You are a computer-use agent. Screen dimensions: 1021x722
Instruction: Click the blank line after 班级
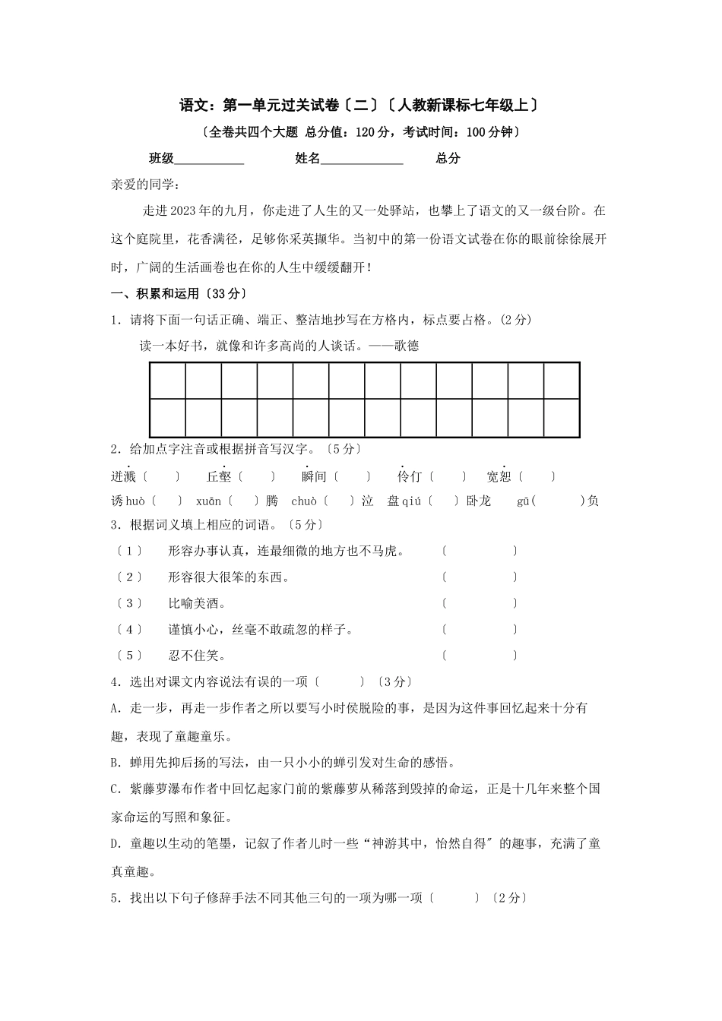[209, 160]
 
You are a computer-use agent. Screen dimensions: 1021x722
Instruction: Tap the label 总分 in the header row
[448, 159]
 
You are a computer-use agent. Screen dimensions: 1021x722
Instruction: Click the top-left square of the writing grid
[167, 381]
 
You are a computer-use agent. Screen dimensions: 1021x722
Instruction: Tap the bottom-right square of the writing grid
[562, 418]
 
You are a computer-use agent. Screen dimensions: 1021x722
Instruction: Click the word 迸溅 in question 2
[123, 477]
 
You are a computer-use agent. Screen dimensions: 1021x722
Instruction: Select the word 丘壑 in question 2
[219, 477]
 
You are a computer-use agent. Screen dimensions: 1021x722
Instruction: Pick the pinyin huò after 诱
[135, 501]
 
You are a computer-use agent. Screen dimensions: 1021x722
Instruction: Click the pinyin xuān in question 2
[208, 501]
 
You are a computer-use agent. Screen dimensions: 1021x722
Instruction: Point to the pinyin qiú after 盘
[411, 501]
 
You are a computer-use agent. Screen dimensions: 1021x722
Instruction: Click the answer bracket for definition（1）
[479, 551]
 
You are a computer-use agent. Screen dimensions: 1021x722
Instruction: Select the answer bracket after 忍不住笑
[479, 655]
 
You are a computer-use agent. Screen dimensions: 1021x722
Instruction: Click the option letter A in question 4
[115, 708]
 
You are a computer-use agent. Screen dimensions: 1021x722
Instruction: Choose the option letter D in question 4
[115, 844]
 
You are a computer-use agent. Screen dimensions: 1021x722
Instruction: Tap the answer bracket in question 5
[454, 898]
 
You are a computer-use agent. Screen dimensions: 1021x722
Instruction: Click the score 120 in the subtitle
[366, 132]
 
